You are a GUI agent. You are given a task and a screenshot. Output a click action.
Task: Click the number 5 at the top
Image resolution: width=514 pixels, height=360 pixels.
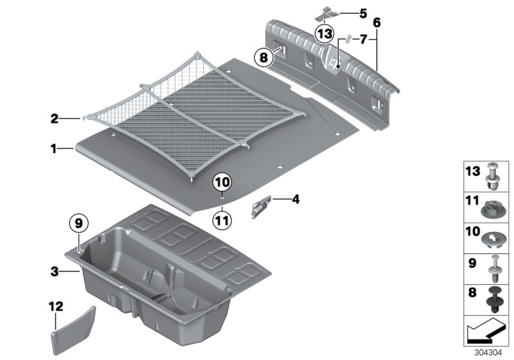tap(363, 13)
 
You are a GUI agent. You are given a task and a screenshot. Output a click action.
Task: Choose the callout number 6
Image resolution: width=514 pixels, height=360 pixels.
tap(377, 22)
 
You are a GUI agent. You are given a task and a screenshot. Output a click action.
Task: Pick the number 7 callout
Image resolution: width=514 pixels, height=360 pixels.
tap(363, 40)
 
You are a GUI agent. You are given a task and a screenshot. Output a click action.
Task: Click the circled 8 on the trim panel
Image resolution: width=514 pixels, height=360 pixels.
tap(262, 57)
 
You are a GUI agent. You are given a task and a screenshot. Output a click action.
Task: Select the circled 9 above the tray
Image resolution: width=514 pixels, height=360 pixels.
tap(77, 223)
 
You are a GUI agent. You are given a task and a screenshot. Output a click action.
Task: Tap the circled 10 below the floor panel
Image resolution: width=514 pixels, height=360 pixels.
tap(221, 183)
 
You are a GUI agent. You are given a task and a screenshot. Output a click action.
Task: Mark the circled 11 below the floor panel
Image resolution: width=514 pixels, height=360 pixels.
tap(221, 220)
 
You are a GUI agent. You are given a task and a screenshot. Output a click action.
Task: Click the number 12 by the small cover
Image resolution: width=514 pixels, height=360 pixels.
tap(55, 307)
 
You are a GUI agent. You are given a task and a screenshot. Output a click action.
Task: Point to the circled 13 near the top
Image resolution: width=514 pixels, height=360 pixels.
tap(324, 33)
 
